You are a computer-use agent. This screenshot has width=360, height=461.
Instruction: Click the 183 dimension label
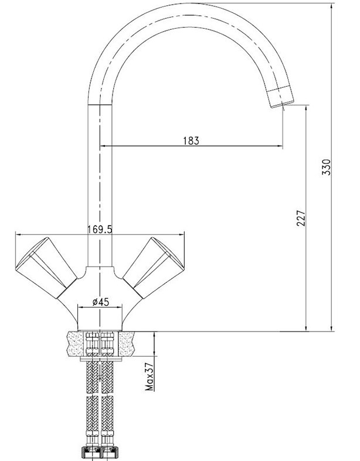pyautogui.click(x=191, y=141)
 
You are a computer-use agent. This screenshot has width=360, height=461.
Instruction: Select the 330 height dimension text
pyautogui.click(x=327, y=167)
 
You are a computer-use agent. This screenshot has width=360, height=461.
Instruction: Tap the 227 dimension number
pyautogui.click(x=301, y=218)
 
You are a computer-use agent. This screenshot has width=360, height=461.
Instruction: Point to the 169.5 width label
pyautogui.click(x=100, y=229)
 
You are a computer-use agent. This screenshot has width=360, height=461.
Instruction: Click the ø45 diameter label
pyautogui.click(x=101, y=302)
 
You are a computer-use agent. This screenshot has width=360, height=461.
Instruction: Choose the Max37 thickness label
pyautogui.click(x=150, y=377)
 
